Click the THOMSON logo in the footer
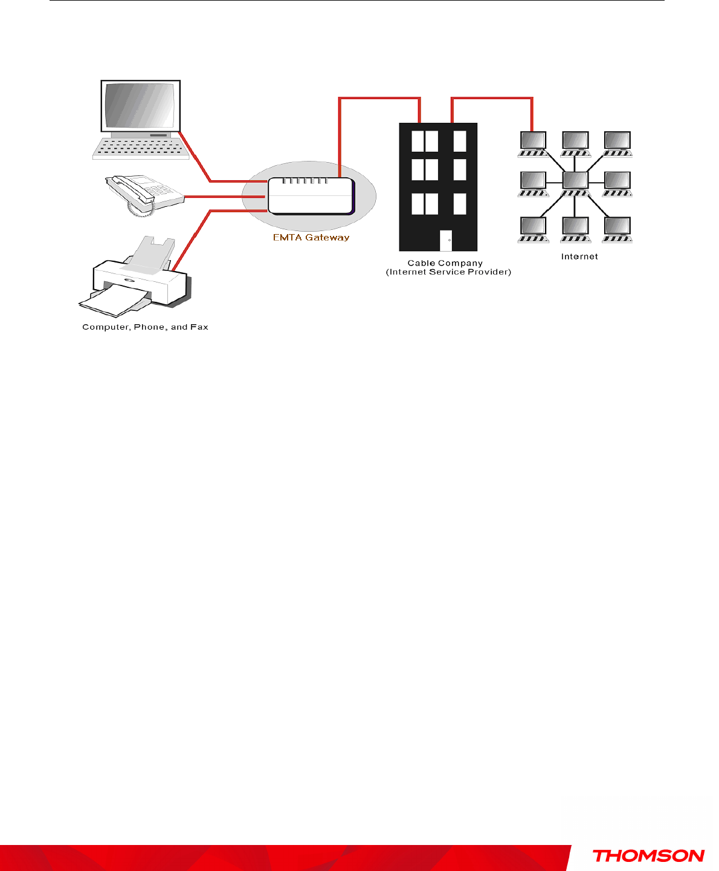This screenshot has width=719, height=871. (x=648, y=856)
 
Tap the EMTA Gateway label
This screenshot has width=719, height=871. (x=311, y=238)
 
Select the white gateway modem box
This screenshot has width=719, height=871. (x=310, y=196)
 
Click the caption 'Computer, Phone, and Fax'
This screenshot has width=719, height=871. (x=145, y=327)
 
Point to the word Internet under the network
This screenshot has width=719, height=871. (x=579, y=256)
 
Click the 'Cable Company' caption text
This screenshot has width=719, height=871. (x=445, y=263)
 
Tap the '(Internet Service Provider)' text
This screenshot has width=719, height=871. (x=448, y=272)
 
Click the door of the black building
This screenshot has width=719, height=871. (x=446, y=241)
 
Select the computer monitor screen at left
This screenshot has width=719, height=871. (x=140, y=105)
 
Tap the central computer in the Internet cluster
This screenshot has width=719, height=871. (x=575, y=180)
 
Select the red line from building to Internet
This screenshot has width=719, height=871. (x=492, y=99)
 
